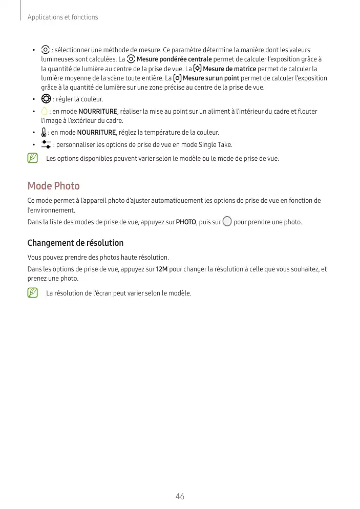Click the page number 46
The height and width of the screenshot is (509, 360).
(180, 496)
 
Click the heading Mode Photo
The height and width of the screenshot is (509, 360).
(53, 185)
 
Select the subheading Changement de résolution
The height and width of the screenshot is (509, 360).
(75, 243)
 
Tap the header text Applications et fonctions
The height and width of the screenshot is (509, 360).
(62, 17)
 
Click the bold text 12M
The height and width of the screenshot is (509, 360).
(161, 269)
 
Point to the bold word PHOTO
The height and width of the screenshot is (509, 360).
(186, 222)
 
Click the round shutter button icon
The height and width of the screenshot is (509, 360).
(227, 222)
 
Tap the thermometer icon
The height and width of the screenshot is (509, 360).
(44, 133)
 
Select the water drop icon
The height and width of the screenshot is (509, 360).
(44, 112)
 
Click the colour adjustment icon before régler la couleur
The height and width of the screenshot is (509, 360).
(46, 99)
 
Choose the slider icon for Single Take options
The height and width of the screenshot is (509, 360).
(46, 145)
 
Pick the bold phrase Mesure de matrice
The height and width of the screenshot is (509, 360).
(229, 69)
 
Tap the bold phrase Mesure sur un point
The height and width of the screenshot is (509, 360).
(210, 78)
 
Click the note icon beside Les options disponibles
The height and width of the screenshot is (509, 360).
(33, 158)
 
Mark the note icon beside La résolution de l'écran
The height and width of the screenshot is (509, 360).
(33, 293)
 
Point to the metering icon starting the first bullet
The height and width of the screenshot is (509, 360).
(46, 50)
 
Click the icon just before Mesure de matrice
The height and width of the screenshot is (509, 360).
(198, 69)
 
